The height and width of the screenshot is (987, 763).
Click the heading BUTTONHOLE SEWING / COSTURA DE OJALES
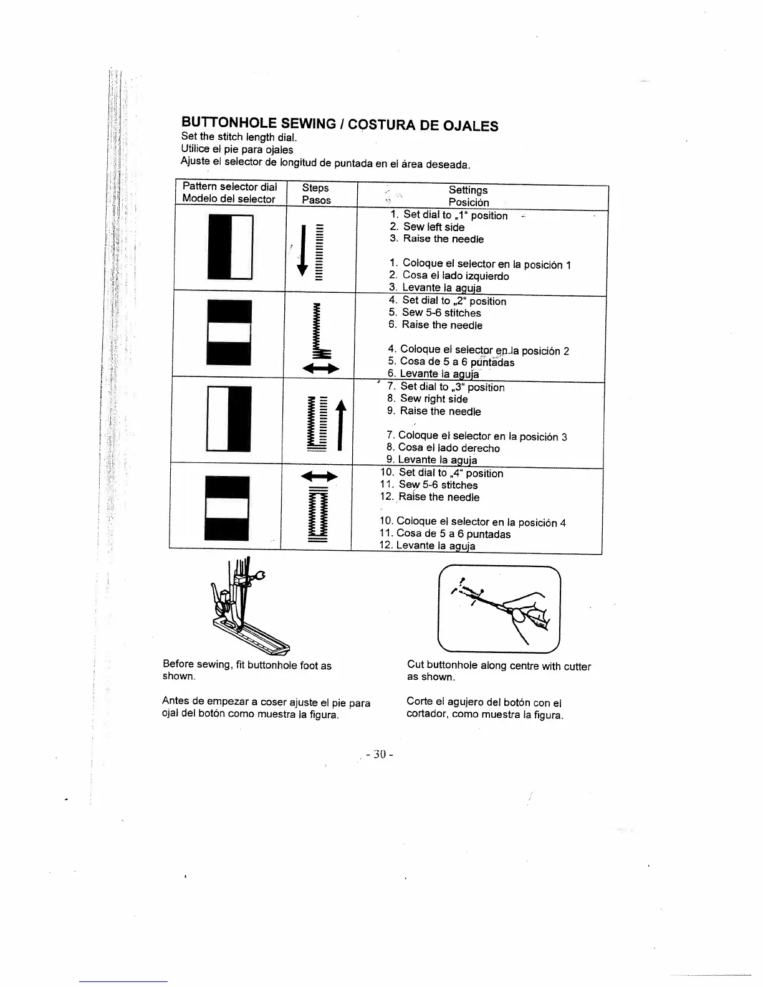[x=339, y=123]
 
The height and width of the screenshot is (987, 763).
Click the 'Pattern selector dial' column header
[x=229, y=187]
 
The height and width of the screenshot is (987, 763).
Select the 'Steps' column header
[x=315, y=188]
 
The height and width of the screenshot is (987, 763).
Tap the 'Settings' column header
[x=468, y=190]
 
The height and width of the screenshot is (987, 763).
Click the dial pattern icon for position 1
[x=230, y=247]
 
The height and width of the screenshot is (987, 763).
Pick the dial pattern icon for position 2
[x=229, y=332]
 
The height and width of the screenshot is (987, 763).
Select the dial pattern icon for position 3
[x=229, y=418]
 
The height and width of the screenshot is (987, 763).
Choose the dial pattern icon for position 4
[x=228, y=508]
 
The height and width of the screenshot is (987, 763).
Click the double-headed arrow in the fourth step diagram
[x=319, y=477]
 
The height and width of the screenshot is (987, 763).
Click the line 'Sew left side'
[x=433, y=227]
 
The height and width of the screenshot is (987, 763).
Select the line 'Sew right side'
[x=434, y=399]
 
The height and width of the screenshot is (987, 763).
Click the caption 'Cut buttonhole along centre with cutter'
[x=499, y=666]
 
